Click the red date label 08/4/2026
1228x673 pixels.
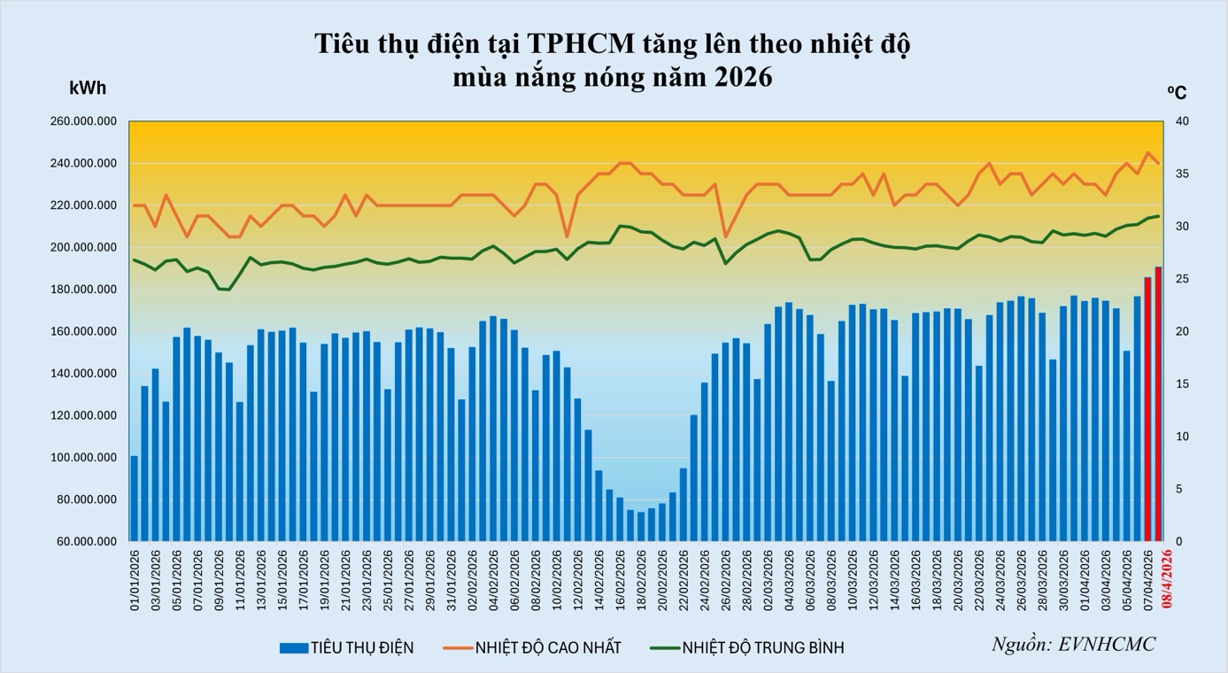pyautogui.click(x=1166, y=577)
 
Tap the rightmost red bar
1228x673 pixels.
pyautogui.click(x=1158, y=403)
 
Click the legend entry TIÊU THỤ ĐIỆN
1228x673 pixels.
pyautogui.click(x=346, y=648)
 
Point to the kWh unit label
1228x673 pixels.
pyautogui.click(x=88, y=88)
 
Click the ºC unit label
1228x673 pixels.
pyautogui.click(x=1177, y=92)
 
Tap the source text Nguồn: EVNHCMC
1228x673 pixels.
pyautogui.click(x=1072, y=644)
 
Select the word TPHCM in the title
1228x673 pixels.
pyautogui.click(x=583, y=43)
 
